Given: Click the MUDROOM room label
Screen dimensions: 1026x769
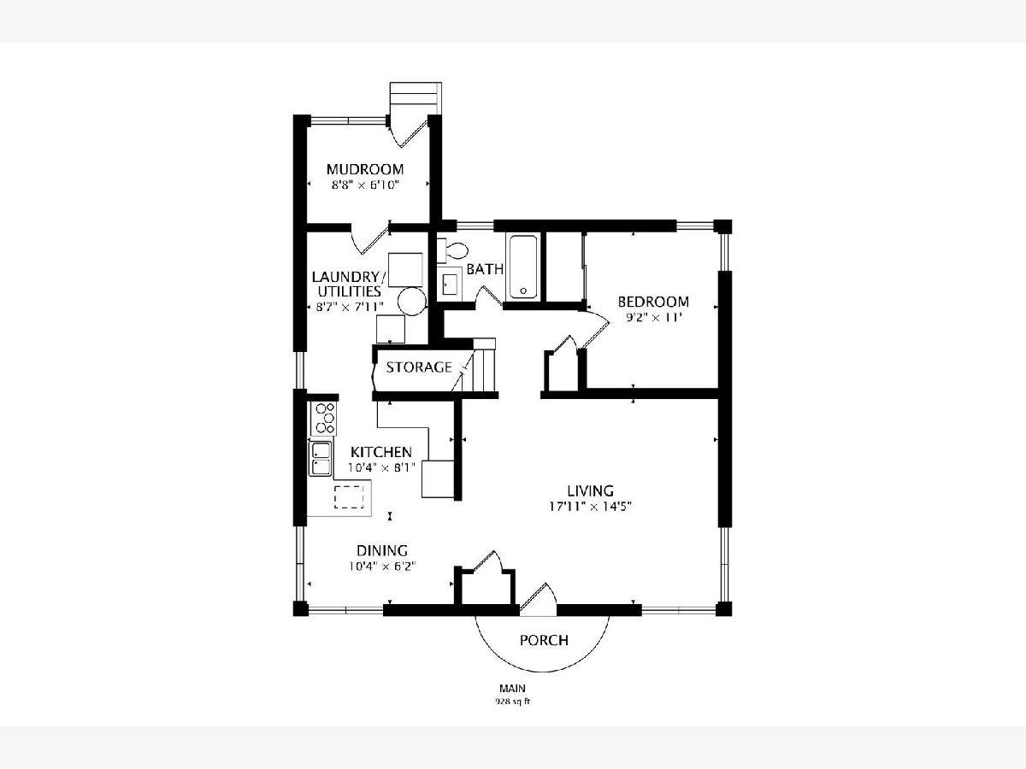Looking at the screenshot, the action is click(365, 168).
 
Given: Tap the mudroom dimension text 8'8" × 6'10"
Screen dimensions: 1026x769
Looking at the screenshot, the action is click(365, 185).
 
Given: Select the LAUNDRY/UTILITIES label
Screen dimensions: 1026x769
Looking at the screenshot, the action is click(349, 284).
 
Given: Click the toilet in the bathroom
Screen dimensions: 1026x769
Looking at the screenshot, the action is click(452, 249).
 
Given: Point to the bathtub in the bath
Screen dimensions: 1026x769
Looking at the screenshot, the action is click(523, 267).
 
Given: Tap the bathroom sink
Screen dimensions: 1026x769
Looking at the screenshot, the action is click(450, 284).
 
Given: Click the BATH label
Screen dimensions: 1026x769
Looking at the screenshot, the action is click(485, 269).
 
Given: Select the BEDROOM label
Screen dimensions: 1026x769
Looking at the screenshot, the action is click(653, 302).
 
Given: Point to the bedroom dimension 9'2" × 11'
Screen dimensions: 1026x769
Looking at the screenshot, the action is click(653, 318).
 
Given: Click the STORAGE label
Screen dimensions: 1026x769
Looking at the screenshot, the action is click(419, 367).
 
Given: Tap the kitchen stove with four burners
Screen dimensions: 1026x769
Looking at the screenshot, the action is click(323, 419).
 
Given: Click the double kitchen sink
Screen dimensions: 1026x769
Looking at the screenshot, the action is click(320, 458).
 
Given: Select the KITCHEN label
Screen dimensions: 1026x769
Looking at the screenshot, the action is click(381, 452).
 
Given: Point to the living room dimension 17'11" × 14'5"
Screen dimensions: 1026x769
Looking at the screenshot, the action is click(591, 507).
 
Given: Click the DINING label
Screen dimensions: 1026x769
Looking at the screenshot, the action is click(382, 550).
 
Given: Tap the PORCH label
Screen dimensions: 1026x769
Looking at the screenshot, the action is click(544, 640).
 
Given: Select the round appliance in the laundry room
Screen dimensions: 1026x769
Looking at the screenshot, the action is click(412, 301).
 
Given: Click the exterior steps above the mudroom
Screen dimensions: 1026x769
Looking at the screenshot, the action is click(416, 98).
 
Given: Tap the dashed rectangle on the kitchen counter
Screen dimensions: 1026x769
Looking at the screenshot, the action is click(349, 496).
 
